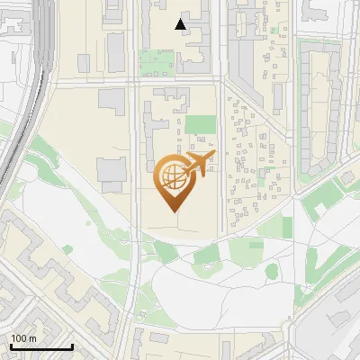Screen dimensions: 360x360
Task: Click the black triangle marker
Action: pyautogui.click(x=181, y=24)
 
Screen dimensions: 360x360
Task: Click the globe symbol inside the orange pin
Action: pyautogui.click(x=174, y=177)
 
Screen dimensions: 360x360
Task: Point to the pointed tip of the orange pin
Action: pyautogui.click(x=174, y=211)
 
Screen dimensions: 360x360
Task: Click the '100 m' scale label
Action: pyautogui.click(x=23, y=338)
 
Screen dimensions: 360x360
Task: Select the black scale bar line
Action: pyautogui.click(x=41, y=346)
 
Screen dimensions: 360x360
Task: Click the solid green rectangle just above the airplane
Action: pyautogui.click(x=201, y=124)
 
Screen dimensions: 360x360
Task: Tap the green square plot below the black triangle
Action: pyautogui.click(x=156, y=62)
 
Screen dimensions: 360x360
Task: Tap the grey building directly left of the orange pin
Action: pyautogui.click(x=112, y=171)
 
